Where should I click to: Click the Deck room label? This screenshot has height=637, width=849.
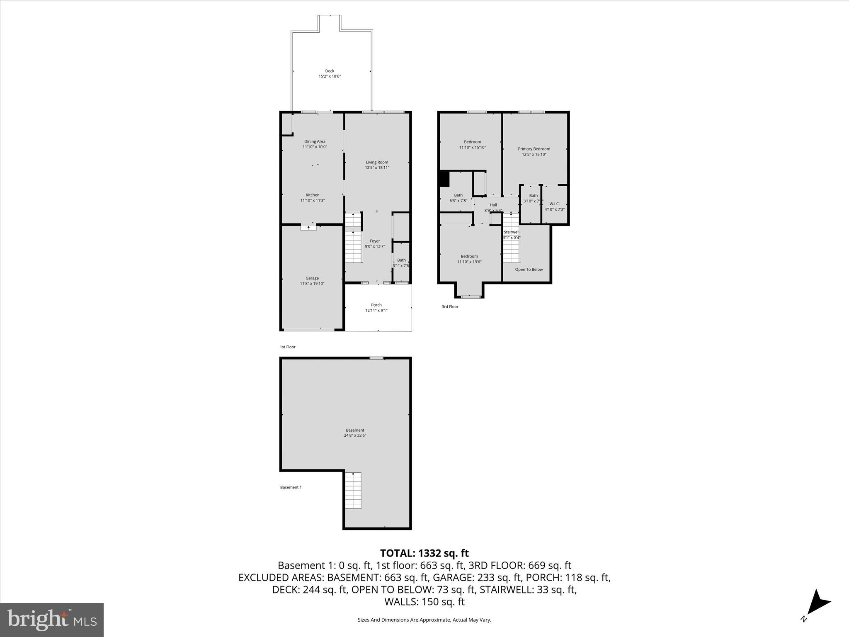[330, 71]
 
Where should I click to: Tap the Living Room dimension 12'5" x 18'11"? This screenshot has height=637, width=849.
[377, 168]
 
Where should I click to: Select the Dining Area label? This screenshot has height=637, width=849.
[315, 141]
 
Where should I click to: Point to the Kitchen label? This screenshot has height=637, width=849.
[313, 195]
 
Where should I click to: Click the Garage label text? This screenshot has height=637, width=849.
[312, 278]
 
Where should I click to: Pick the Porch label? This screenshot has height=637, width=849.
[376, 305]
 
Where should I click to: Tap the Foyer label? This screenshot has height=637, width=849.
[375, 241]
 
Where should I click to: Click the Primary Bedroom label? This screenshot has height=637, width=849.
[534, 149]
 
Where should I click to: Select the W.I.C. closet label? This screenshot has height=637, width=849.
[554, 204]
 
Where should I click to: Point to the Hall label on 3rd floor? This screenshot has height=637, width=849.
[493, 205]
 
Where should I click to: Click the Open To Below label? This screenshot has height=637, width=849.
[529, 270]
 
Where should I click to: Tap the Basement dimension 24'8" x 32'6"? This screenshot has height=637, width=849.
[355, 435]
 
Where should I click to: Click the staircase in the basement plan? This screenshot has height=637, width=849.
[353, 491]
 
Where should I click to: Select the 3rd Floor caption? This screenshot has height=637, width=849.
[450, 307]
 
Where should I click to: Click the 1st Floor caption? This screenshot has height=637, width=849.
[287, 347]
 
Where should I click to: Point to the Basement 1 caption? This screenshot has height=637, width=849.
[291, 487]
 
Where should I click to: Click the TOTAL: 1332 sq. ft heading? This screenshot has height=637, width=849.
[424, 553]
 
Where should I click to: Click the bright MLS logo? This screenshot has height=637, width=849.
[52, 620]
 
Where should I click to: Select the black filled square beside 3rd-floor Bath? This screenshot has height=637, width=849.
[444, 179]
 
